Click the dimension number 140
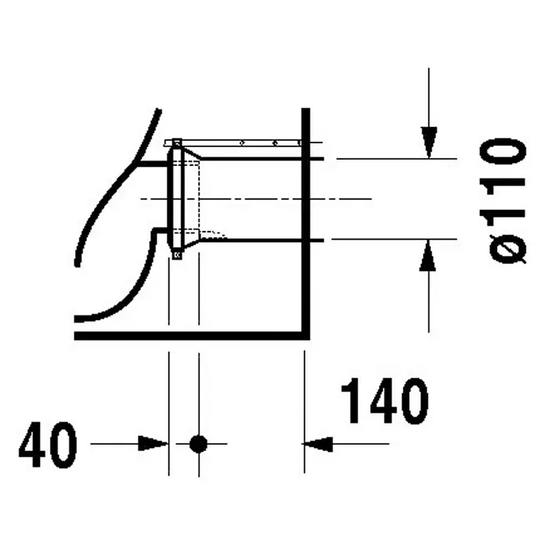(x=384, y=401)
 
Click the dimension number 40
(x=48, y=445)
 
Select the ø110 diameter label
(x=503, y=201)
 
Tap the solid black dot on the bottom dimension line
(x=198, y=444)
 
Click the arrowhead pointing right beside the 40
(x=153, y=443)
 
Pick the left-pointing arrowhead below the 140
(x=317, y=444)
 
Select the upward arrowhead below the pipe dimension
(x=428, y=255)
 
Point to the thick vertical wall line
(x=305, y=222)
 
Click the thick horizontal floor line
(x=192, y=335)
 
